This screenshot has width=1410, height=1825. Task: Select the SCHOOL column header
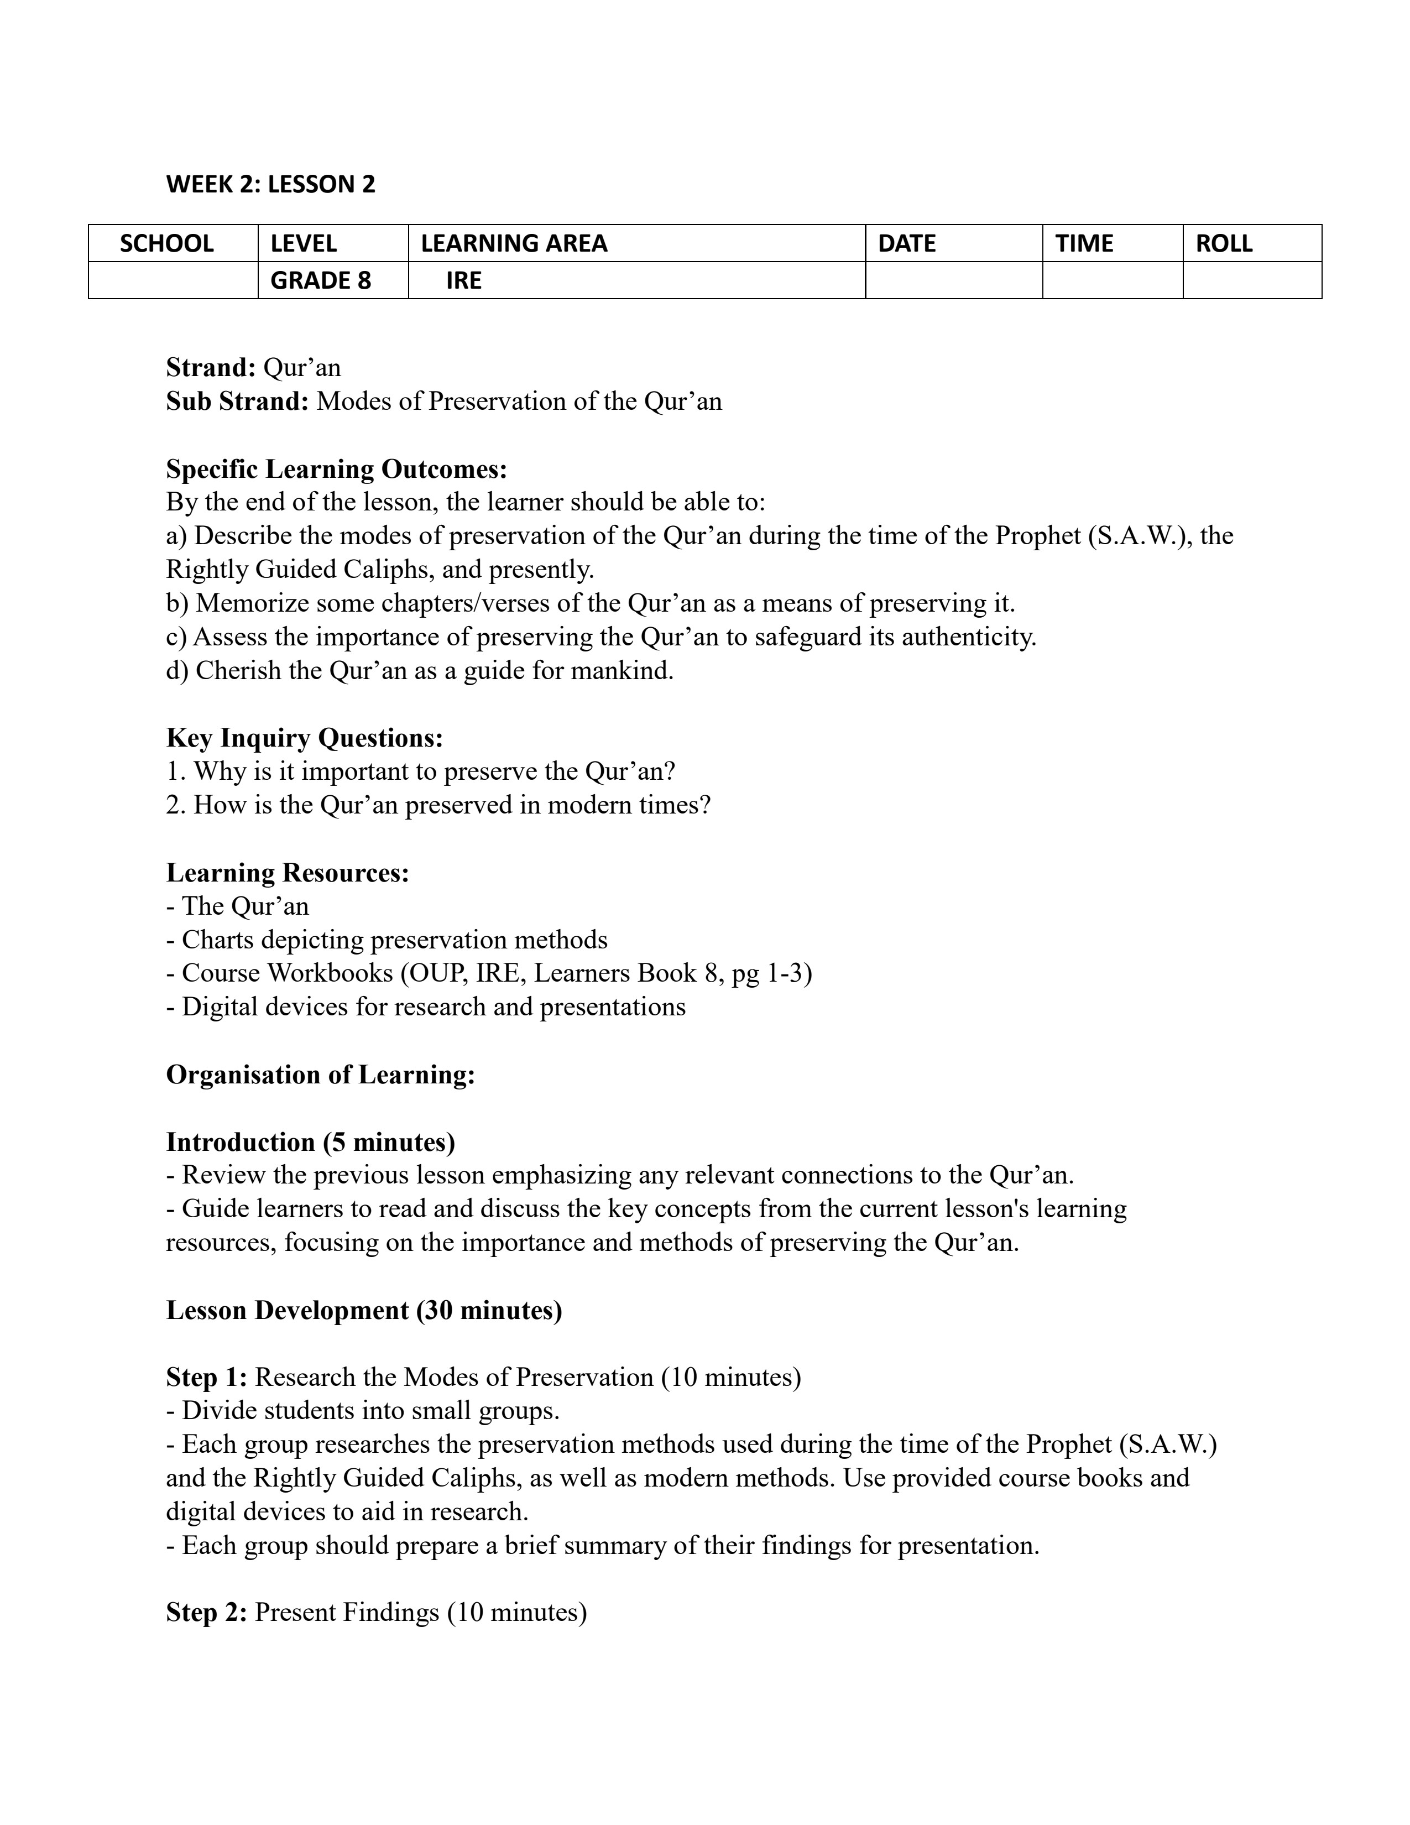coord(167,243)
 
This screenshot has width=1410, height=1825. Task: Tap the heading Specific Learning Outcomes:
coord(337,469)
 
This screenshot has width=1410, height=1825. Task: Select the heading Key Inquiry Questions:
coord(304,738)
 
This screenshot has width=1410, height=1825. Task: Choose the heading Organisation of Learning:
coord(321,1075)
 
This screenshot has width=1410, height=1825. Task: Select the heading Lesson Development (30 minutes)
coord(364,1310)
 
